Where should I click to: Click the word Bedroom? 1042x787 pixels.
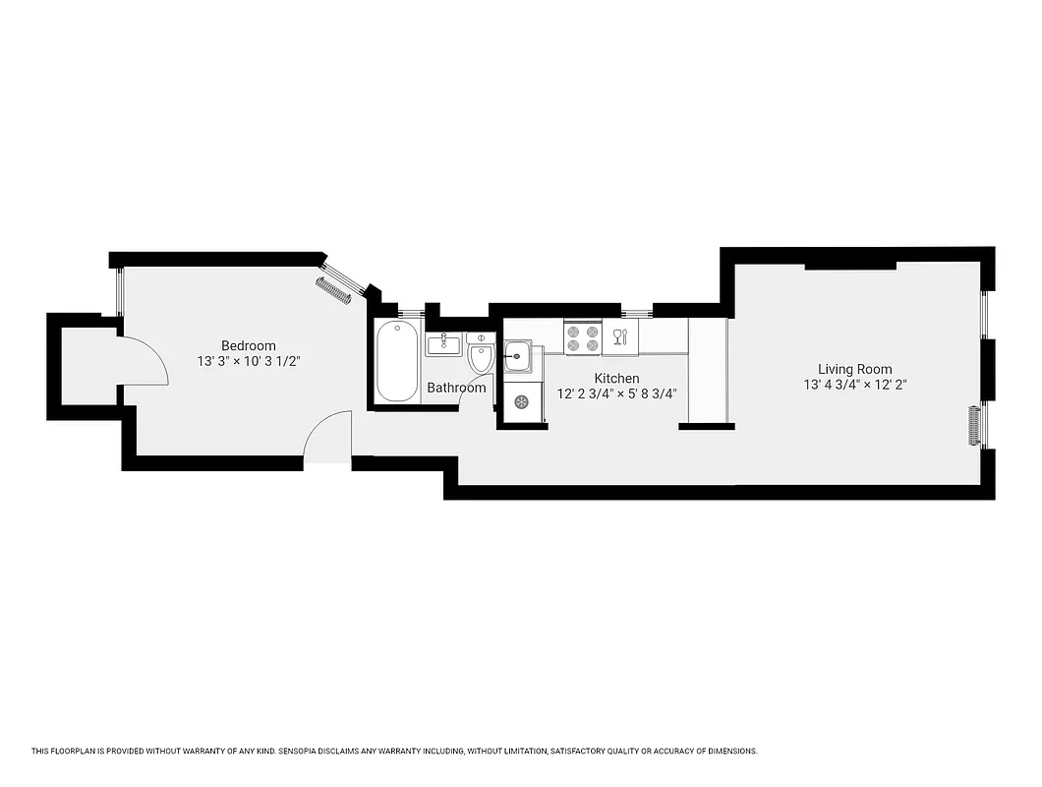click(248, 345)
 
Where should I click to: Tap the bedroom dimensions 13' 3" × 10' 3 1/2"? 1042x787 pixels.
click(248, 361)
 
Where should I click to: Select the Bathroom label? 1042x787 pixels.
click(456, 388)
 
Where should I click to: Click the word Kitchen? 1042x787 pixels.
click(616, 378)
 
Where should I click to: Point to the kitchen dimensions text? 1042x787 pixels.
click(616, 393)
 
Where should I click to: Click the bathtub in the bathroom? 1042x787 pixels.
click(396, 360)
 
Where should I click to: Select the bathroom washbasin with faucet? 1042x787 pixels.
click(444, 344)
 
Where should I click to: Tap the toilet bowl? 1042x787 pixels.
click(481, 359)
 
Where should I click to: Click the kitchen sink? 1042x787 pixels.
click(518, 355)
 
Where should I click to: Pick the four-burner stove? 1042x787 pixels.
click(582, 338)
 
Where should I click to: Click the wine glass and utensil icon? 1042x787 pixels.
click(619, 338)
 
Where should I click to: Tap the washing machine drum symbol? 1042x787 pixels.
click(521, 401)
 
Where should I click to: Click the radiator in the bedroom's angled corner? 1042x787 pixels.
click(333, 291)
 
